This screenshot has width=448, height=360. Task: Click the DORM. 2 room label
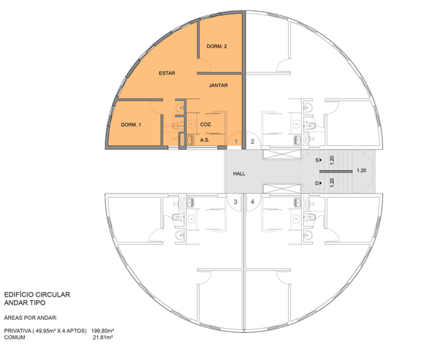216,46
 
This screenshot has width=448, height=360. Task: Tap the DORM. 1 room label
131,124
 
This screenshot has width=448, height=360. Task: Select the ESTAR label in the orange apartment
167,73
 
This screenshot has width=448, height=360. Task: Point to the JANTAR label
219,85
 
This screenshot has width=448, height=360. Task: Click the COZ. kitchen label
205,124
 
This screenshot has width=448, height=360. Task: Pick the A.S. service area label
205,140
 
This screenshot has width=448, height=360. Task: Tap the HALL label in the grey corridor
239,174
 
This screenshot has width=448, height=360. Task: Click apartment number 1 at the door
236,142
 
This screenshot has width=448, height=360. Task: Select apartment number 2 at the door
252,142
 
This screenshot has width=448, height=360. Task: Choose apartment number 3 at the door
235,202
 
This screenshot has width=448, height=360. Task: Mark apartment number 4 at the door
252,202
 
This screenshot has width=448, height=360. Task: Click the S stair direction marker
319,160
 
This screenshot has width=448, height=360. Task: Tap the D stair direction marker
319,183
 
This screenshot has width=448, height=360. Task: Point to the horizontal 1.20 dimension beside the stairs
362,170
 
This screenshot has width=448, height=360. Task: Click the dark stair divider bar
335,172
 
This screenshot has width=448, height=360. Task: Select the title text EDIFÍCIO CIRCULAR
37,294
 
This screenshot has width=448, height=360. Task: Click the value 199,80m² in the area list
102,331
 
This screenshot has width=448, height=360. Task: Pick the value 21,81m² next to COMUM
103,337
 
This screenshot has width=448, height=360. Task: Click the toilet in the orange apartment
178,126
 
